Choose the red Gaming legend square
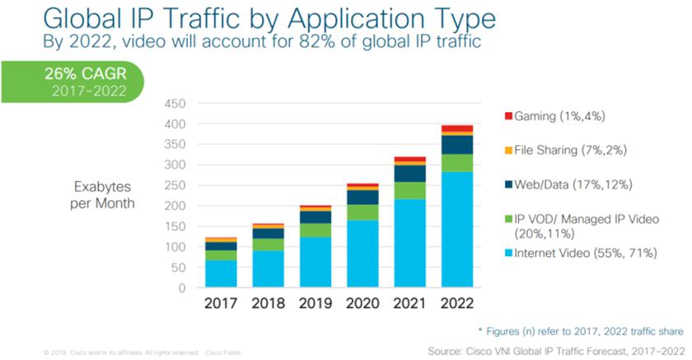pyautogui.click(x=507, y=116)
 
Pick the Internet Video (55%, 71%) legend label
pyautogui.click(x=586, y=253)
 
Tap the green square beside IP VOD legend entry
pyautogui.click(x=507, y=219)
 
